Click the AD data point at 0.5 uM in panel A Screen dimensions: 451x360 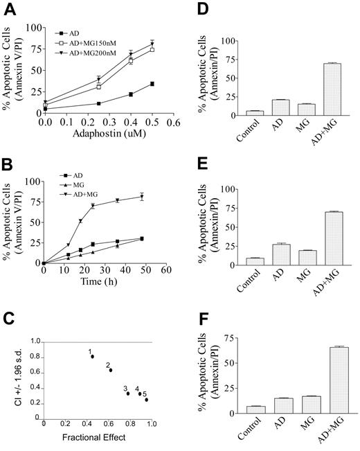151,84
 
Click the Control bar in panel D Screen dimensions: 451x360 255,111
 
